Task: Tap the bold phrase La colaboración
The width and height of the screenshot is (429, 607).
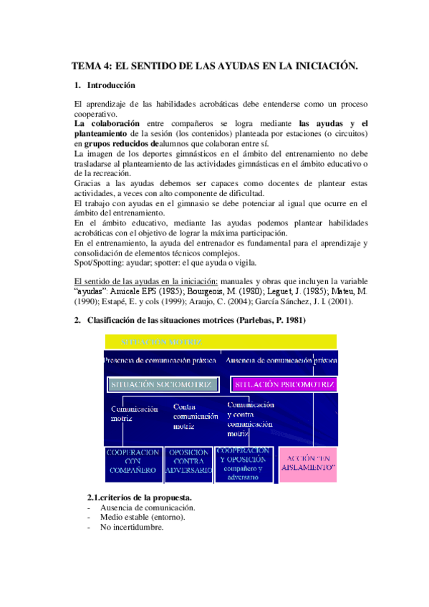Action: point(107,123)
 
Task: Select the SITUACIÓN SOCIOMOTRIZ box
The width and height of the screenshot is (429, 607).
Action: point(162,384)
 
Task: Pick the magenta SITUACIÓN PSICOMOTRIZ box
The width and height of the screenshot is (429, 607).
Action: point(284,384)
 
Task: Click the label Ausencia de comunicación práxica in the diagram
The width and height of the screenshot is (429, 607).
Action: point(281,360)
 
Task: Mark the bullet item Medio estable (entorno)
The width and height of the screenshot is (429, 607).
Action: point(143,518)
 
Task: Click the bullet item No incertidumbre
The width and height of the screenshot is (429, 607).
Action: point(132,528)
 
